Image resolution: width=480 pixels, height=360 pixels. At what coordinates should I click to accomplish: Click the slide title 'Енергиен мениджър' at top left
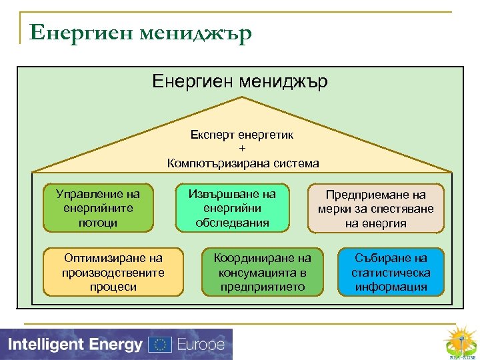[x=141, y=32]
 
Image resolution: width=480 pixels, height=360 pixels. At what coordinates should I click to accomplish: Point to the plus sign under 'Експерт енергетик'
[x=242, y=148]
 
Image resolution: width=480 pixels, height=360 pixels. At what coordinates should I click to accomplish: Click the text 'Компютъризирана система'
[x=243, y=163]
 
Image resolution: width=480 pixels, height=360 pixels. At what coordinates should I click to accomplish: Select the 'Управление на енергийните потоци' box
[x=98, y=208]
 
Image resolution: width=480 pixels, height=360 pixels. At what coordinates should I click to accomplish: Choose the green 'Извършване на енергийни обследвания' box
[x=232, y=208]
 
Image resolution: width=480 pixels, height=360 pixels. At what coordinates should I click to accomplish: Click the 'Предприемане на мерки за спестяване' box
[x=375, y=209]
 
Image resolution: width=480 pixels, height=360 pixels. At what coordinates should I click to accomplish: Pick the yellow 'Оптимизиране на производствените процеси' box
[x=113, y=272]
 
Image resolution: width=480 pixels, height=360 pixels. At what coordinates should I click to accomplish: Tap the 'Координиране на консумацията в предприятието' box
[x=262, y=272]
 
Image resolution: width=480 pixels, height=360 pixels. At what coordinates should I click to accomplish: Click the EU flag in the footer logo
[x=159, y=345]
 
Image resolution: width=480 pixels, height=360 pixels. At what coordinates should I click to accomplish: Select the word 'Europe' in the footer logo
[x=201, y=345]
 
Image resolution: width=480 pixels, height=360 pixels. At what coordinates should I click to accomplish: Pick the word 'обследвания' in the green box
[x=232, y=223]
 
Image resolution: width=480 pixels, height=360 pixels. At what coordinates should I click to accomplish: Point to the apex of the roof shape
[x=242, y=98]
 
